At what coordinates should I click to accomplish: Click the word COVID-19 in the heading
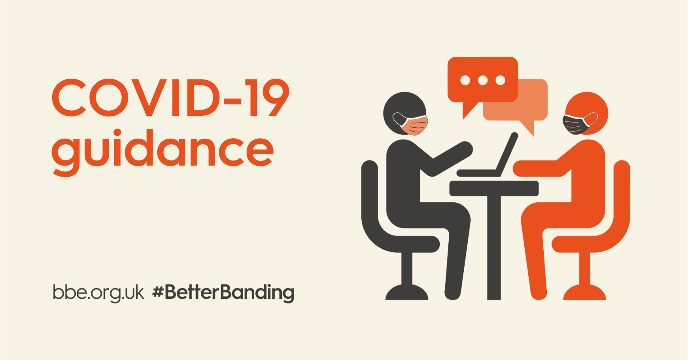(x=170, y=98)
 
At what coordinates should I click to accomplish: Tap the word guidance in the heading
(x=163, y=152)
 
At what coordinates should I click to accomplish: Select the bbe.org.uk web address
(x=98, y=293)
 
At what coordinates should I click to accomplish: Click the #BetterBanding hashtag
(x=223, y=293)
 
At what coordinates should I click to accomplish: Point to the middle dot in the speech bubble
(x=483, y=80)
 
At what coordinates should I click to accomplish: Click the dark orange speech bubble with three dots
(x=482, y=83)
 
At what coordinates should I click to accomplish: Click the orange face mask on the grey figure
(x=411, y=124)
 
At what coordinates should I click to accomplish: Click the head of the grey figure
(x=404, y=113)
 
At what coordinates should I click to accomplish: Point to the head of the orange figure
(x=586, y=113)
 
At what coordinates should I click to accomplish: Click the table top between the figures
(x=494, y=188)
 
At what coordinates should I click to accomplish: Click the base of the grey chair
(x=407, y=293)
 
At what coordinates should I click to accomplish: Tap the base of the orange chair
(x=585, y=293)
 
